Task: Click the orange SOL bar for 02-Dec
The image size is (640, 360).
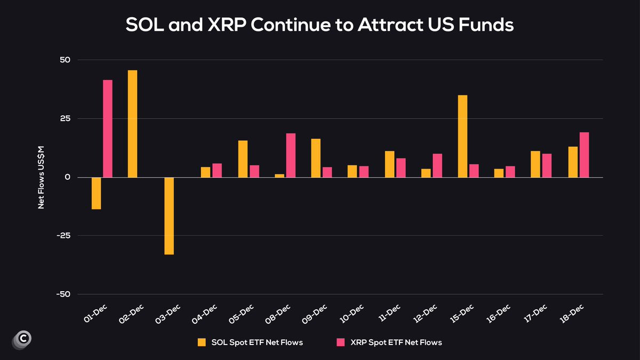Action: pos(132,124)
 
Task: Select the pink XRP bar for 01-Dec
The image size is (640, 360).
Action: pos(108,129)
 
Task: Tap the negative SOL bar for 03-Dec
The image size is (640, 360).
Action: pos(169,215)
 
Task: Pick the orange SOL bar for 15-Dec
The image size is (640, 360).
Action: pos(462,136)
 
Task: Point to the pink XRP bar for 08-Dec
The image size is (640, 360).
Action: pos(291,155)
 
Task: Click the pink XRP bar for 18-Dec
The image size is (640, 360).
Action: pos(584,155)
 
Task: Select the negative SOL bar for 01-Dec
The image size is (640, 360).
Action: pos(96,193)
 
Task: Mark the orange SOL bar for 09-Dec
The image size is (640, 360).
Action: pos(316,158)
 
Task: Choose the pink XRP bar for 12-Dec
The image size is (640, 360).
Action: pos(437,165)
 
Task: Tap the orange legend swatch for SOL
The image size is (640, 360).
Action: pos(202,342)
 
